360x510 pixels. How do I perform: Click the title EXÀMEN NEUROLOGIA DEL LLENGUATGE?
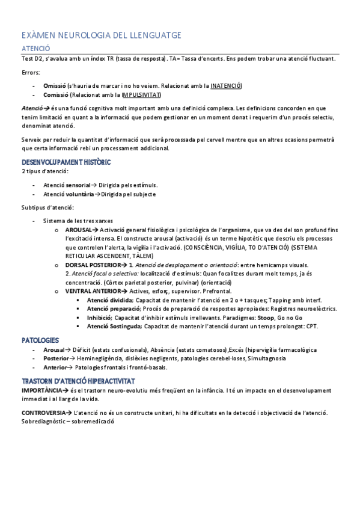[102, 35]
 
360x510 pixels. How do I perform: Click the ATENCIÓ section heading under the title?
[35, 48]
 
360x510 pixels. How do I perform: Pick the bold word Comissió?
[56, 94]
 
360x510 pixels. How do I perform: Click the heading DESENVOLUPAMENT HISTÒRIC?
[66, 162]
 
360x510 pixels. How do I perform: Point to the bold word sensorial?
[78, 185]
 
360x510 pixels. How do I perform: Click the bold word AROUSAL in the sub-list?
[78, 230]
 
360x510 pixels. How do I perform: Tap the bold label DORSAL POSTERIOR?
[90, 265]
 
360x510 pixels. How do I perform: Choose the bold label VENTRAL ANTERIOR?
[90, 291]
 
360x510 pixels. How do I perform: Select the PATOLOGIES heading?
[40, 340]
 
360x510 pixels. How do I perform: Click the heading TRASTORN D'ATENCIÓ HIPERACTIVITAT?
[78, 381]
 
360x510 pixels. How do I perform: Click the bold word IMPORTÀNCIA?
[41, 390]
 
